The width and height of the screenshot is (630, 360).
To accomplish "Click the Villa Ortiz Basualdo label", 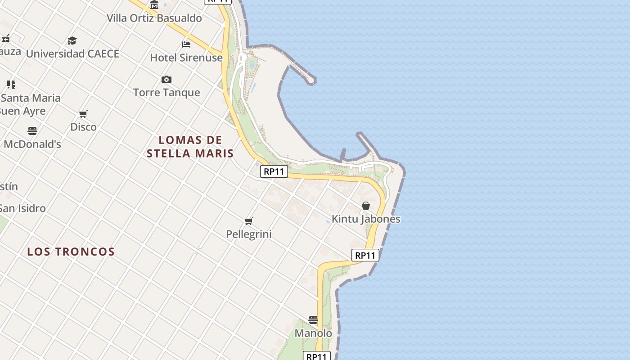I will [x=154, y=18].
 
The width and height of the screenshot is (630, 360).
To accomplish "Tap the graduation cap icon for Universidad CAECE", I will [x=72, y=41].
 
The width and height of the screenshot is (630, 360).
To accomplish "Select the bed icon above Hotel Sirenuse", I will [x=186, y=45].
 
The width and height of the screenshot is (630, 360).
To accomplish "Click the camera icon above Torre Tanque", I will [x=166, y=80].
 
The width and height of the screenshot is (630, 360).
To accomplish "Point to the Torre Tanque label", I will [x=166, y=93].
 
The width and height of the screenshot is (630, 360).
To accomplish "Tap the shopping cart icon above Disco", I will [x=83, y=114].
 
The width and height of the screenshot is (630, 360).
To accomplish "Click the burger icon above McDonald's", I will [x=32, y=131].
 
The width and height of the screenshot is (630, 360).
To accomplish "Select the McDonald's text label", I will [x=32, y=144].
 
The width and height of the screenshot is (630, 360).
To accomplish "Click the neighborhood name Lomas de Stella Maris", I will [x=190, y=147].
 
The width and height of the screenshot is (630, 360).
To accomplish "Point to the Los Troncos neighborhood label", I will [x=71, y=252].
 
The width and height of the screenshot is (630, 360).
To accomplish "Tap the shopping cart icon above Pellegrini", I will [x=249, y=221].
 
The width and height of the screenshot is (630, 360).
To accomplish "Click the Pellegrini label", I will [x=249, y=234].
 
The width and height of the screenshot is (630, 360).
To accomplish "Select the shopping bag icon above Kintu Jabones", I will [x=366, y=206].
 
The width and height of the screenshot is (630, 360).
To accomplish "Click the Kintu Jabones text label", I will [x=366, y=219].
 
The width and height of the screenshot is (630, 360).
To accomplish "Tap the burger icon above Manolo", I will [x=313, y=320].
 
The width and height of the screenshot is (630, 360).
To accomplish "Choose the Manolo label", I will [x=313, y=333].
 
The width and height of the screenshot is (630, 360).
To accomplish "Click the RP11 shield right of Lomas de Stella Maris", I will [x=274, y=171].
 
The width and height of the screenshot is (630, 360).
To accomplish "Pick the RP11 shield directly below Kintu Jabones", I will [x=365, y=256].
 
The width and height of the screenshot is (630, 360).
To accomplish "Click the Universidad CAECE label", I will [x=72, y=54].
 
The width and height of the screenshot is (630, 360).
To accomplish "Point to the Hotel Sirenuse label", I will [x=186, y=58].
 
